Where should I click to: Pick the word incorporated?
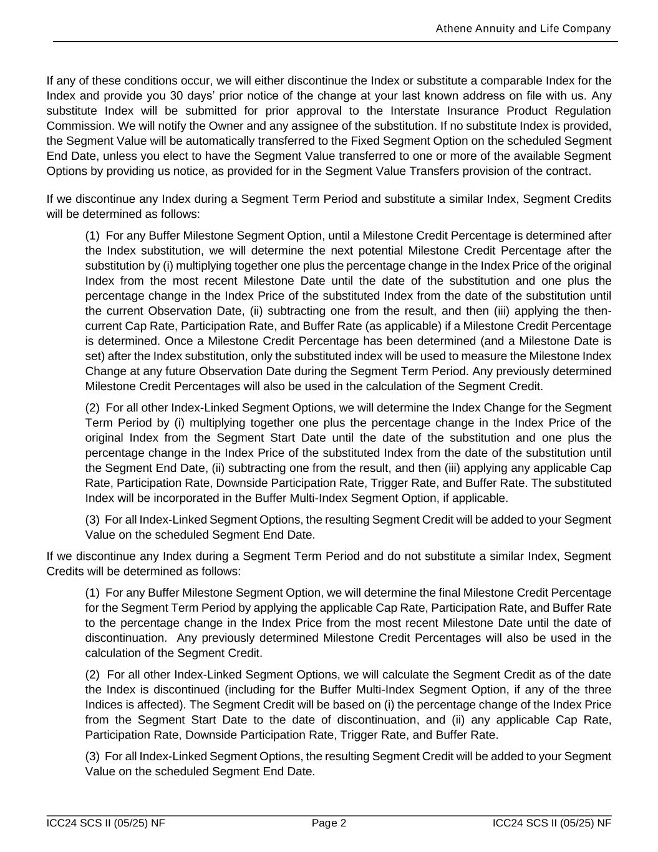[x=206, y=497]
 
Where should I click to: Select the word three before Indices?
[x=597, y=689]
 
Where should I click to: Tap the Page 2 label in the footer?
[x=329, y=823]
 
